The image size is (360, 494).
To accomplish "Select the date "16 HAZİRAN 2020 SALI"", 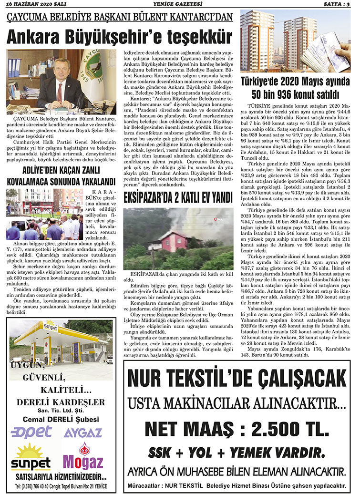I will tap(30, 4).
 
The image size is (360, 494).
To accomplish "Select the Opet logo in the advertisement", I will tap(31, 432).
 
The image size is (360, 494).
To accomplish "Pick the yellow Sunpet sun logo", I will tap(31, 455).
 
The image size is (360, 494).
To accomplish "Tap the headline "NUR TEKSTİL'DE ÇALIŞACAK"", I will tap(237, 381).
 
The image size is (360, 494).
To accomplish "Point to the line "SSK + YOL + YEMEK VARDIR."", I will tap(237, 452).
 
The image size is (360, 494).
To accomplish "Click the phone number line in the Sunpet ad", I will tap(60, 486).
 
